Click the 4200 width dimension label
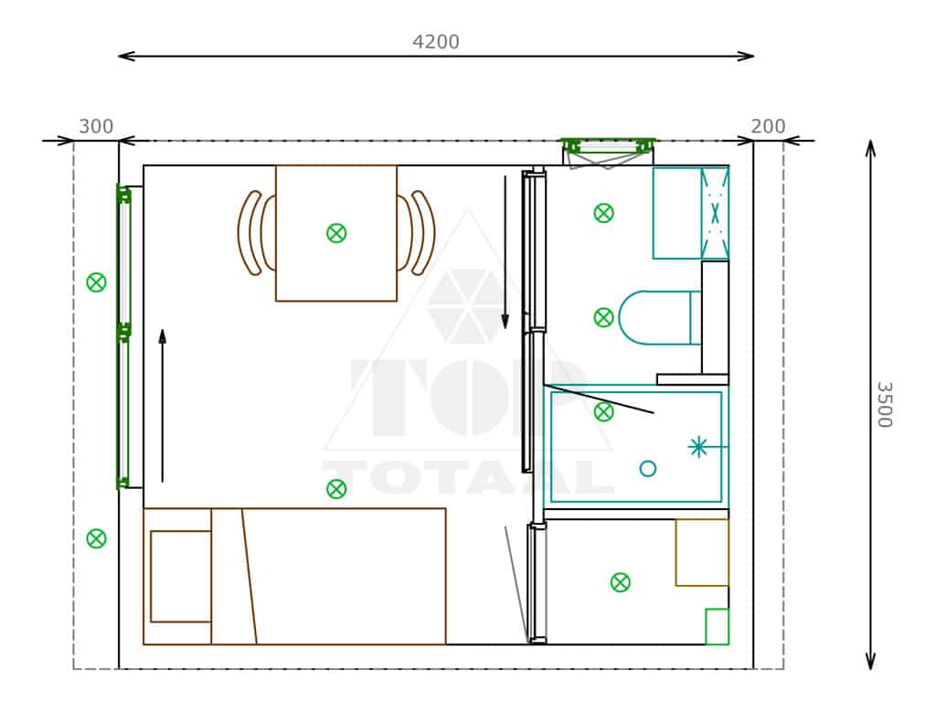(436, 42)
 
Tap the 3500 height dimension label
(884, 404)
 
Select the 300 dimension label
(96, 126)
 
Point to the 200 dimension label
(768, 126)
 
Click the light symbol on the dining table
(336, 233)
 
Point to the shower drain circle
(648, 469)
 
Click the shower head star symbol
(697, 446)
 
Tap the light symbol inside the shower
(603, 412)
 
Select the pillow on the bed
(181, 576)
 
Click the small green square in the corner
(717, 627)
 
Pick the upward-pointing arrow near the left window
(163, 405)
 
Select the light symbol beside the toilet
(603, 317)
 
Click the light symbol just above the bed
(336, 490)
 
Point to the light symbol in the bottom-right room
(621, 582)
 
